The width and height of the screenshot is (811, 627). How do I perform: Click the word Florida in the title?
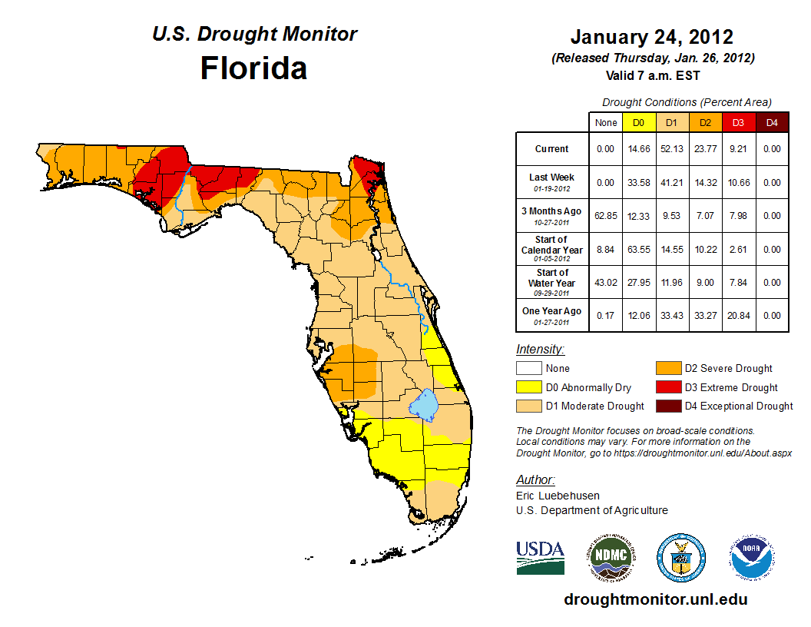pyautogui.click(x=253, y=68)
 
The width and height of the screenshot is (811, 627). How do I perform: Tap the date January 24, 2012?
pyautogui.click(x=651, y=37)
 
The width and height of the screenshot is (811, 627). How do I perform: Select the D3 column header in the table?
pyautogui.click(x=738, y=122)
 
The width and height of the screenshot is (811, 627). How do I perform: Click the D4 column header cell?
pyautogui.click(x=772, y=122)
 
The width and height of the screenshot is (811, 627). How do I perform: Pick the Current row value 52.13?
pyautogui.click(x=671, y=149)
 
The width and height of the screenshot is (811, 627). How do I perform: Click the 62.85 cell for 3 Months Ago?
pyautogui.click(x=605, y=216)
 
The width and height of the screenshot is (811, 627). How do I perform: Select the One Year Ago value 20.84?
pyautogui.click(x=738, y=316)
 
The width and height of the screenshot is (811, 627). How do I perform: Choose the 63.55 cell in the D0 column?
pyautogui.click(x=638, y=250)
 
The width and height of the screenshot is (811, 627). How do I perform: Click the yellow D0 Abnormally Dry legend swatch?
pyautogui.click(x=528, y=387)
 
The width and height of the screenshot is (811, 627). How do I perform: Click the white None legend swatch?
pyautogui.click(x=528, y=369)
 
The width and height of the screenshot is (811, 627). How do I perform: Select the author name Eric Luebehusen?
pyautogui.click(x=558, y=496)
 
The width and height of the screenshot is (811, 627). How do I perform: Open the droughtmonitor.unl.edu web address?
pyautogui.click(x=655, y=599)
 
